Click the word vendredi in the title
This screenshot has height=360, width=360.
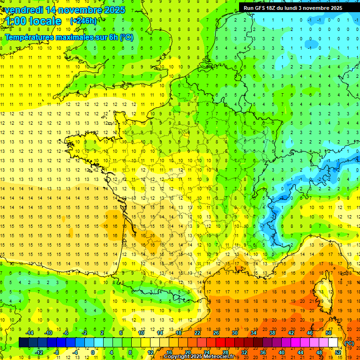pos(24,10)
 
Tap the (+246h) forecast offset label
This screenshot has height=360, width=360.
pos(83,21)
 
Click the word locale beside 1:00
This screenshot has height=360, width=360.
pos(45,21)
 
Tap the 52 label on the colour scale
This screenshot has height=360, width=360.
pos(337,352)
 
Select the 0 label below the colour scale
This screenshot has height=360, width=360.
pos(93,352)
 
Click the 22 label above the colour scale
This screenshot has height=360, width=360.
pos(197,333)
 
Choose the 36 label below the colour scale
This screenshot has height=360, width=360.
pos(262,352)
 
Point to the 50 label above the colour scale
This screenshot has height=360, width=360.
pos(328,333)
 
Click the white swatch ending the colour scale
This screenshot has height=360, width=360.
pos(333,343)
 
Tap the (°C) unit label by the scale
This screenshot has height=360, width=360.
pos(349,343)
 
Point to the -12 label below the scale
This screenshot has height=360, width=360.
pos(39,352)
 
